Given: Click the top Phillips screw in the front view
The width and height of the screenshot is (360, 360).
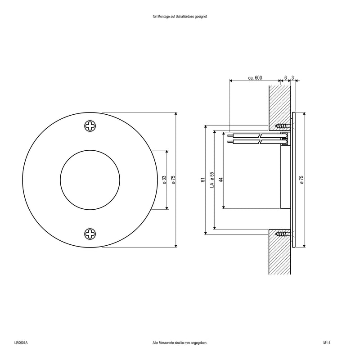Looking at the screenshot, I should [90, 126].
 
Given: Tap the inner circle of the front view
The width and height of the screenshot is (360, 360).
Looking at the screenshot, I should [90, 179].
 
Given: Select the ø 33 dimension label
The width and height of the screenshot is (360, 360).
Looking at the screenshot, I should [164, 180].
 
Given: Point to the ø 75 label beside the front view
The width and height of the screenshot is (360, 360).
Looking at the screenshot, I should [172, 180].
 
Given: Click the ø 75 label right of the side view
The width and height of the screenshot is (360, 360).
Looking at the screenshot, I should [301, 180].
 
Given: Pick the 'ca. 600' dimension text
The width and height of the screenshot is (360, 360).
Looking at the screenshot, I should [255, 78].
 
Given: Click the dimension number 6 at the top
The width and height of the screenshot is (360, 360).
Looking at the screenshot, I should [285, 78].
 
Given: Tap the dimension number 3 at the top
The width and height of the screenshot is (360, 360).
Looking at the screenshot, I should [293, 78].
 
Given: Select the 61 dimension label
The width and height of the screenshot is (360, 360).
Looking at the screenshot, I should [203, 180].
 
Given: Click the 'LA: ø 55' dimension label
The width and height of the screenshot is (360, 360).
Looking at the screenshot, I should [212, 180].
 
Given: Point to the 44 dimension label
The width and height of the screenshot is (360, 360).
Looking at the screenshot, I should [220, 180].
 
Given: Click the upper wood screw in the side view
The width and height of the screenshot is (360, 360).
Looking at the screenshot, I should [283, 126].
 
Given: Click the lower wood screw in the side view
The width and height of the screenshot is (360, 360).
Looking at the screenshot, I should [283, 234].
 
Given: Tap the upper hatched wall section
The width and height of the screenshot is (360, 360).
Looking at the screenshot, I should [279, 103].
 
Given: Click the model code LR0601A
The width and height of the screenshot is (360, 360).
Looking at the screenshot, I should [21, 343].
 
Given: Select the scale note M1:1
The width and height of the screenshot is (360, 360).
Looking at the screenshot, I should [327, 343].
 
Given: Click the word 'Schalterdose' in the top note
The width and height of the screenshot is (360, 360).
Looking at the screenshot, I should [187, 16].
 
